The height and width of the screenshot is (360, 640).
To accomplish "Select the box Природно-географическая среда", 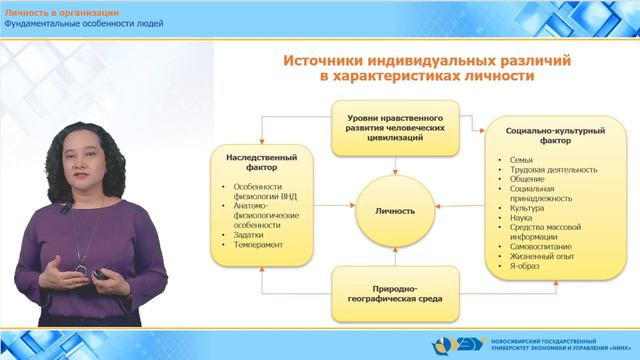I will [390, 291].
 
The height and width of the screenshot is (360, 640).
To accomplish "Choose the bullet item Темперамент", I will [259, 245].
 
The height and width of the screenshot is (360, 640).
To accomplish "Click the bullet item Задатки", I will [249, 234].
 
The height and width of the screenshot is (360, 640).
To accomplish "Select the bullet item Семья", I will [520, 160].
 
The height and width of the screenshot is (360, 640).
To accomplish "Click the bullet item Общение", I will [527, 181].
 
